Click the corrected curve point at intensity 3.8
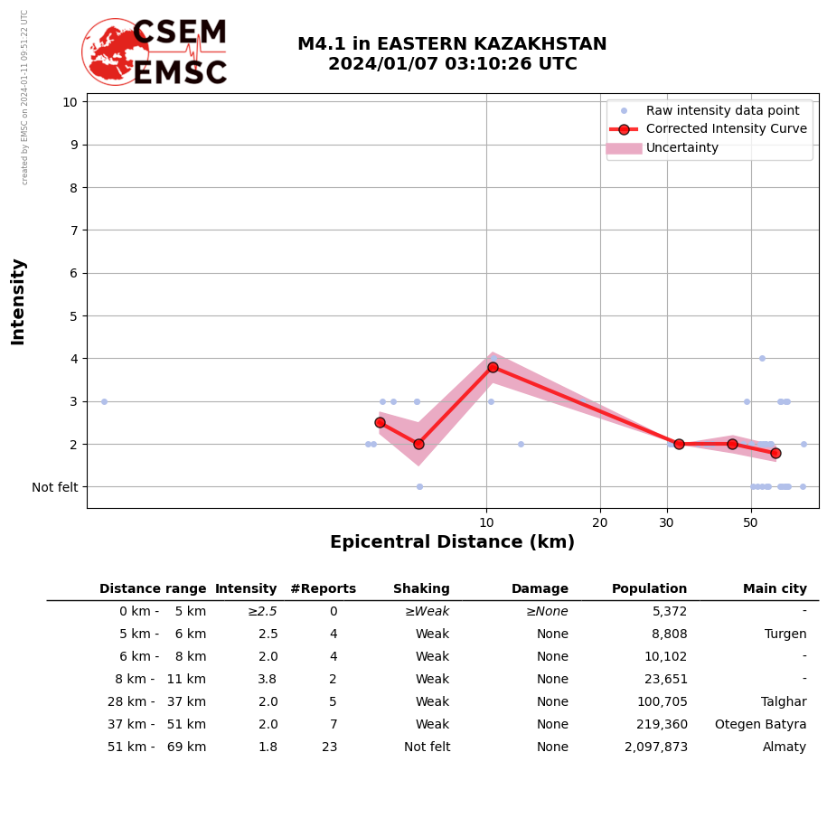click(493, 367)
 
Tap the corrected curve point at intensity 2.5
click(380, 422)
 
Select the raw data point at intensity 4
click(762, 358)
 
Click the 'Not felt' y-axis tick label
click(55, 487)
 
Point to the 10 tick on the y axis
click(70, 101)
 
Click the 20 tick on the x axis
click(600, 522)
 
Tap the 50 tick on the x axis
click(750, 522)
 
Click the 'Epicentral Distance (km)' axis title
click(452, 542)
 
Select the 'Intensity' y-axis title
click(18, 301)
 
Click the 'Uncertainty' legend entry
click(681, 148)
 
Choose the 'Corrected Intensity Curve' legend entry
click(726, 129)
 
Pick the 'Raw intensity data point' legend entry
click(722, 110)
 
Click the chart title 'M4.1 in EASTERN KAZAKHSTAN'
click(452, 44)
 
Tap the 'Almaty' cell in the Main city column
click(784, 747)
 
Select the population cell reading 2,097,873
click(655, 747)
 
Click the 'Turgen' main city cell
click(785, 635)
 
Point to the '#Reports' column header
click(323, 589)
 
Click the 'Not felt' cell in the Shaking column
click(427, 747)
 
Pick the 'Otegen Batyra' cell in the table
click(760, 725)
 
